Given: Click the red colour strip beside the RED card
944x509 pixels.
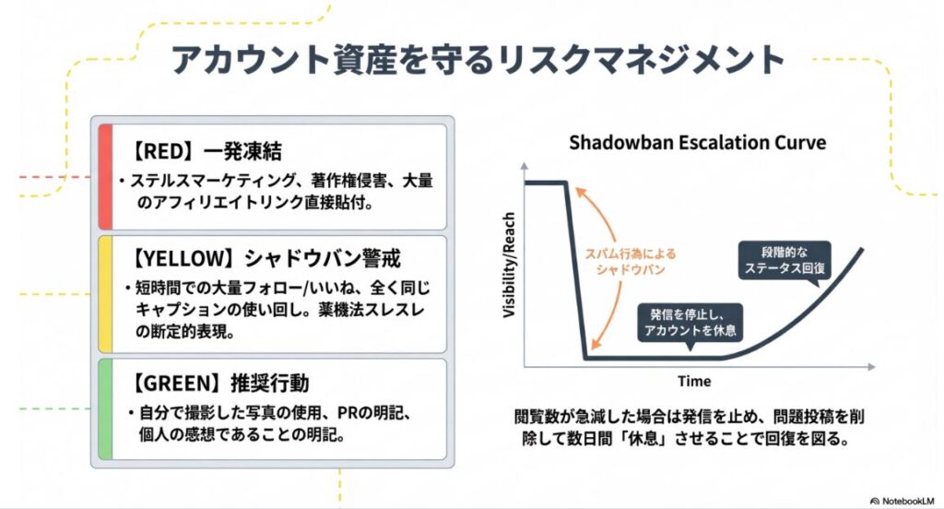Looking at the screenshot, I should (104, 175).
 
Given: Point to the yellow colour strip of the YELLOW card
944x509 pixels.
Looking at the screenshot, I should (104, 293).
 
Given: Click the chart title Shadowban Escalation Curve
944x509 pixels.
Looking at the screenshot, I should (697, 143).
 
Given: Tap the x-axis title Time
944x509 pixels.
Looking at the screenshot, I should (694, 381).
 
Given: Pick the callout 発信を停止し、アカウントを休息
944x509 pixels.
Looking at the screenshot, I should (690, 323).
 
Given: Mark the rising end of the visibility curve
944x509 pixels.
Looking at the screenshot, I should (861, 251).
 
